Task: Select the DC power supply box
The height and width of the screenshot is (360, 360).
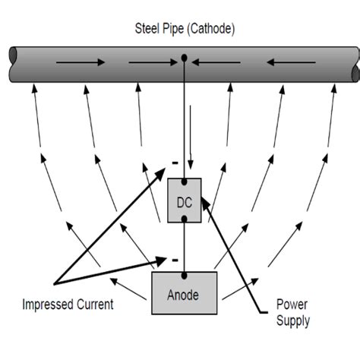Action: click(x=185, y=201)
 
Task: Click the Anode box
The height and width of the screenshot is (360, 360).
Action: click(x=185, y=292)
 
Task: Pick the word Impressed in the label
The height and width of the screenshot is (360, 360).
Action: click(x=50, y=305)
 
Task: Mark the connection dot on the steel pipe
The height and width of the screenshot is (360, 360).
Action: click(x=184, y=57)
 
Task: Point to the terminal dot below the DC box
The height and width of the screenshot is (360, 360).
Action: click(x=185, y=222)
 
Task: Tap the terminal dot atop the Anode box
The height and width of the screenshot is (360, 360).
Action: click(x=185, y=272)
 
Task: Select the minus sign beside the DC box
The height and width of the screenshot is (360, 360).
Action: click(x=173, y=163)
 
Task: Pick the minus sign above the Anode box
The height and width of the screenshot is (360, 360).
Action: click(x=174, y=259)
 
